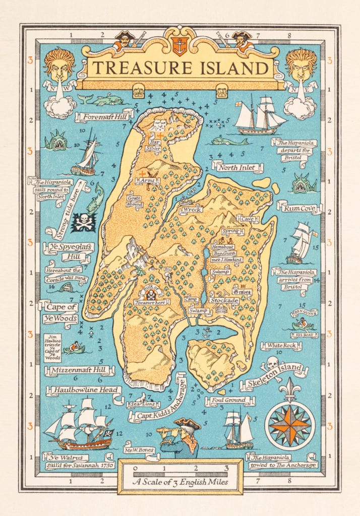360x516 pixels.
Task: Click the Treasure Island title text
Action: (x=179, y=67)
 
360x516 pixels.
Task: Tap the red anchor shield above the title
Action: (x=179, y=46)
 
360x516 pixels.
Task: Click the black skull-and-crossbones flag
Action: (x=83, y=222)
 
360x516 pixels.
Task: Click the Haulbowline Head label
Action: (x=83, y=390)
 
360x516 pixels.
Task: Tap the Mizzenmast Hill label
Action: (x=79, y=371)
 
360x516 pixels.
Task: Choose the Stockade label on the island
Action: (x=224, y=301)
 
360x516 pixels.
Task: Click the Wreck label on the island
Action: (x=192, y=210)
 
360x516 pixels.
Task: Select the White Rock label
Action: (x=281, y=346)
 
